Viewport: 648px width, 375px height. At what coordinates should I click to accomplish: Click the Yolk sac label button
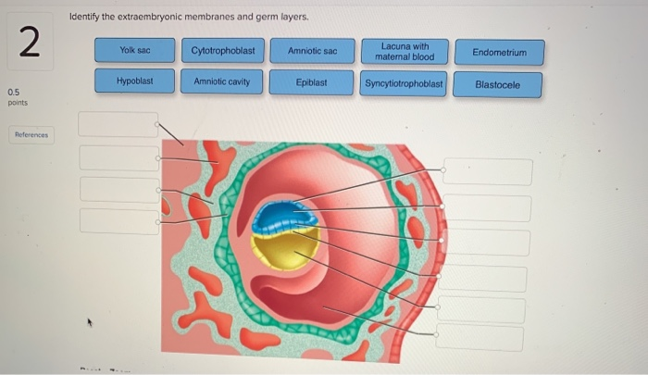click(x=134, y=50)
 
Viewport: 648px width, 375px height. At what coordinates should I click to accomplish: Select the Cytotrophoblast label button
click(x=223, y=50)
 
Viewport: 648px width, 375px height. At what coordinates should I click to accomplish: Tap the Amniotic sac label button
click(x=312, y=50)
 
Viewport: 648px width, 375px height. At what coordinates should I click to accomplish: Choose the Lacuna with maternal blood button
click(x=405, y=51)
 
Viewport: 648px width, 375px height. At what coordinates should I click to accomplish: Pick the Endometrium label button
click(x=499, y=53)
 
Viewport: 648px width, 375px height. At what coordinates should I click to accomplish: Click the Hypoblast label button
click(x=134, y=81)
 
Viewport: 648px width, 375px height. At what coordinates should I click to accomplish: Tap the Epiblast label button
click(x=311, y=82)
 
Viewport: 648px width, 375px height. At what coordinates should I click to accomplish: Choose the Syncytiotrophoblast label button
click(x=405, y=83)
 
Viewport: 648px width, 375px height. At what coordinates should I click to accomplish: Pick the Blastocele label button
click(x=497, y=84)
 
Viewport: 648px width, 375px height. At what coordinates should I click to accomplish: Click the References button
click(x=31, y=135)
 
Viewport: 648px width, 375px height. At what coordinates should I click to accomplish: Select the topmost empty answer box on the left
click(x=118, y=123)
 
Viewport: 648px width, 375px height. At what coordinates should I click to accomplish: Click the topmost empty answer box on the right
click(x=487, y=171)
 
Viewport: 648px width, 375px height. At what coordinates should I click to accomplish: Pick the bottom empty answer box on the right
click(x=480, y=338)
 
